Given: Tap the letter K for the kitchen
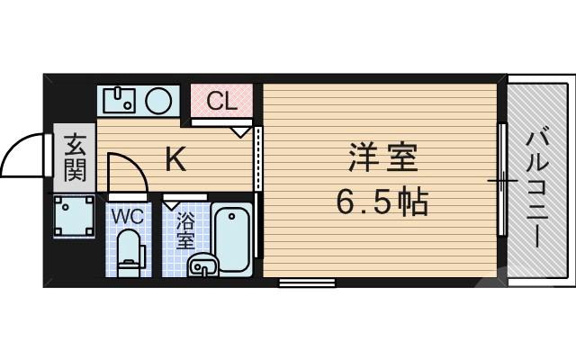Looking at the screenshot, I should [x=175, y=160].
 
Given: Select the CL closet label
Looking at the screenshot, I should [x=221, y=101].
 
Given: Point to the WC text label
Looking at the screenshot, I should [x=127, y=215].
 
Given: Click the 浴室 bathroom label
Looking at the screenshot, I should [x=185, y=230].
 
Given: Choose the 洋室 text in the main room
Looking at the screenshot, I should [x=382, y=159].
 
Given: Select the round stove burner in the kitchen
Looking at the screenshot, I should [x=159, y=98].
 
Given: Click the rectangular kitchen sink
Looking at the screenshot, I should [x=118, y=100].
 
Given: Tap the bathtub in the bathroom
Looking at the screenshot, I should [x=232, y=238].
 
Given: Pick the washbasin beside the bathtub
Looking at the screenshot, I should [x=202, y=265].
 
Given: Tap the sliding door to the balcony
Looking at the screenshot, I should [x=500, y=181].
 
